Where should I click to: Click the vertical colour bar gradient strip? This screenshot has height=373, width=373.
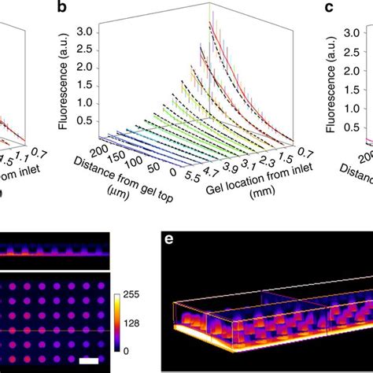point(120,323)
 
